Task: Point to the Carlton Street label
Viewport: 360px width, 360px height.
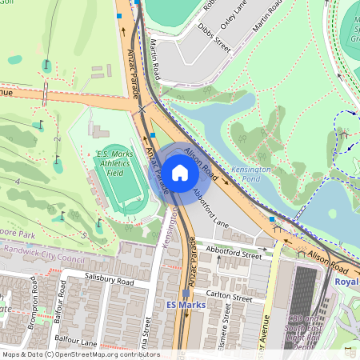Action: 229,298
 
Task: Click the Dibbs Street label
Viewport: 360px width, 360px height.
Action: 213,39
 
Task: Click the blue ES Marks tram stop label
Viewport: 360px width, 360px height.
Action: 186,306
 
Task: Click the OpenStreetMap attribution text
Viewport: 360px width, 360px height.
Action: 80,354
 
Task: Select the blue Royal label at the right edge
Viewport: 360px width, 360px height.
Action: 346,282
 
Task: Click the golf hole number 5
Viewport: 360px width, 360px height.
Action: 84,235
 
